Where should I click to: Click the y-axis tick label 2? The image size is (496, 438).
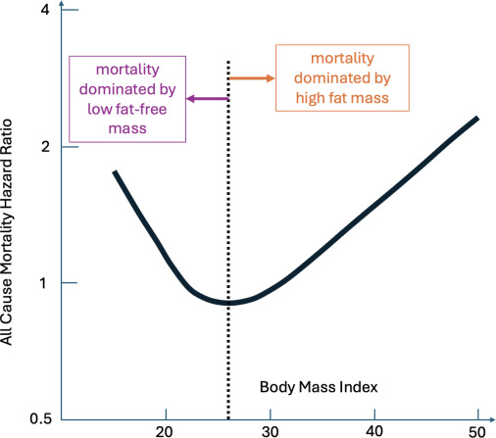click(45, 147)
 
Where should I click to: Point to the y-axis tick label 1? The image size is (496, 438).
click(45, 283)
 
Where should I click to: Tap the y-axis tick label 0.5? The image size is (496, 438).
click(39, 419)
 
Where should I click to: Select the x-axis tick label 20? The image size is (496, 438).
click(165, 431)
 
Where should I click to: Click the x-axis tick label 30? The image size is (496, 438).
click(269, 431)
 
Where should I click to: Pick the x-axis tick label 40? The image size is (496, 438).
click(373, 431)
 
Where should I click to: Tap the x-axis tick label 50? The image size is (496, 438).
click(477, 431)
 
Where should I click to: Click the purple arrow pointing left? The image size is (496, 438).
click(208, 98)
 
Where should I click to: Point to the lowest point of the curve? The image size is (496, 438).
click(229, 303)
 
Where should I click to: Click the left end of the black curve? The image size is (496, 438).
click(115, 172)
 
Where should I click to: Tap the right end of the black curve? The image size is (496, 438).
click(476, 119)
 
